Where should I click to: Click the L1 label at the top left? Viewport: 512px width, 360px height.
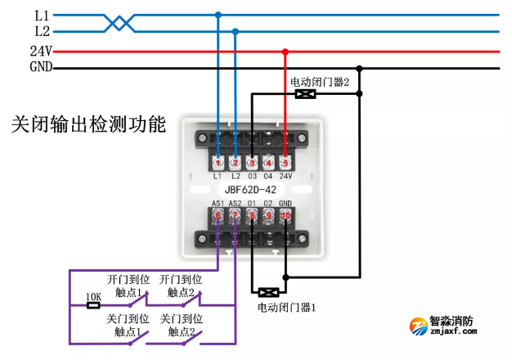pos(42,15)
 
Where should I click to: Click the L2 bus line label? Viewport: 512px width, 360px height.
pos(42,31)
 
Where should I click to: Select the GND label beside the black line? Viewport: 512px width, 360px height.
pos(41,67)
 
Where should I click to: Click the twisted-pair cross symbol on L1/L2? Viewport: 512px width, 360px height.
pos(120,22)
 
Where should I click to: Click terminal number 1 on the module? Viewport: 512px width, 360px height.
pos(218,163)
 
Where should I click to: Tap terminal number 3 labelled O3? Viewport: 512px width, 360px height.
pos(252,163)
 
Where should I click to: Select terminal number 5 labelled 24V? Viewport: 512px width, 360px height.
pos(285,163)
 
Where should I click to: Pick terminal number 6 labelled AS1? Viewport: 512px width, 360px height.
pos(218,217)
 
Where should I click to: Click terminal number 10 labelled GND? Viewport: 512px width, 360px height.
pos(285,217)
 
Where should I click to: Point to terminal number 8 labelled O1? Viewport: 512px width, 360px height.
pos(252,217)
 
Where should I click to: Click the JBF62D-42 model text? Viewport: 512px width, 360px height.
pos(251,190)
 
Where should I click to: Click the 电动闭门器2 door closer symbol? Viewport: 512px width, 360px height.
pos(305,94)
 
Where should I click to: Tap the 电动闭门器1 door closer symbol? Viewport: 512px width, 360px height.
pos(267,291)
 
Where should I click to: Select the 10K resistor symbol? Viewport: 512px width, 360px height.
pos(93,305)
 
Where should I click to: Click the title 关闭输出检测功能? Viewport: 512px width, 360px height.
pos(88,125)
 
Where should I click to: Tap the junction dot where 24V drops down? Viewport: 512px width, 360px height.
pos(285,52)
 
